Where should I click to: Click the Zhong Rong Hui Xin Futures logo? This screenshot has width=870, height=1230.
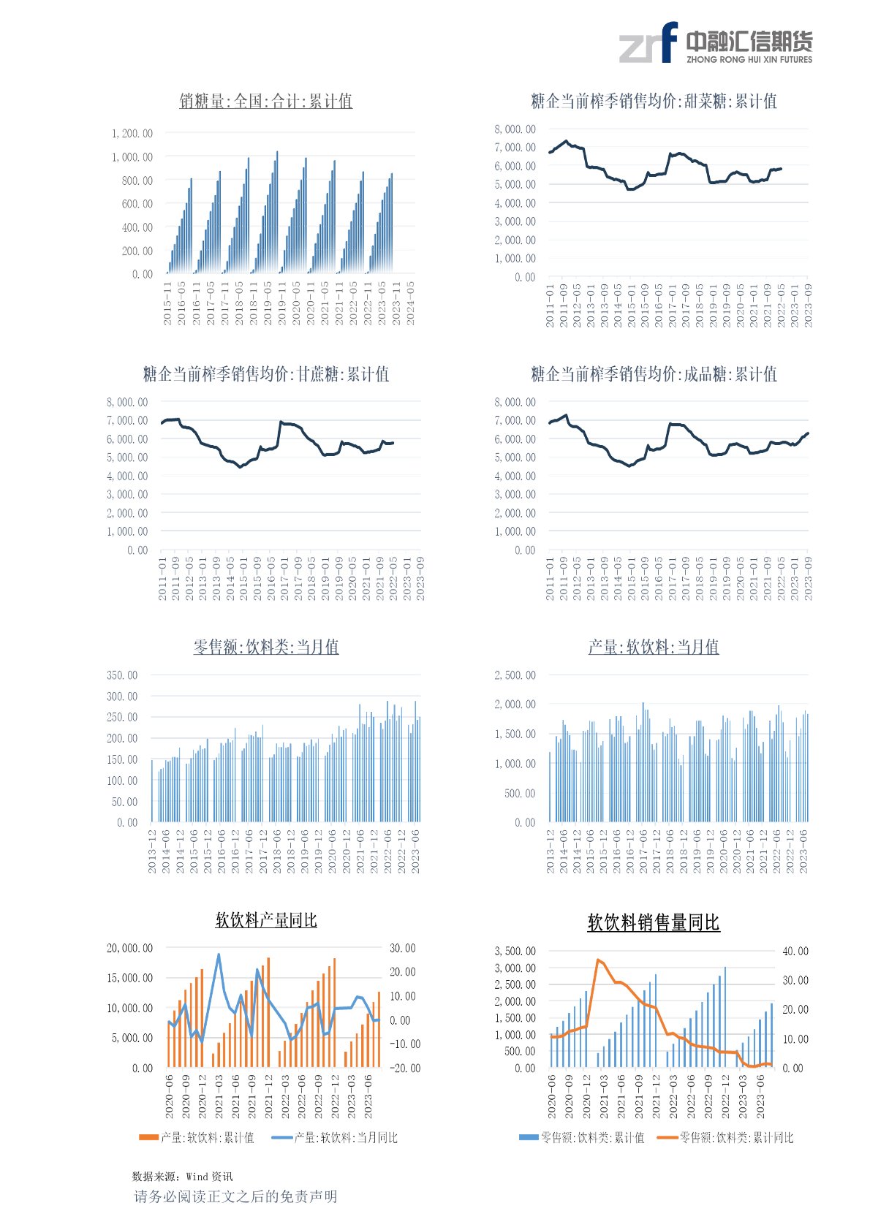tap(715, 43)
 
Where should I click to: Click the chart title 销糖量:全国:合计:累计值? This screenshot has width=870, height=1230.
tap(266, 102)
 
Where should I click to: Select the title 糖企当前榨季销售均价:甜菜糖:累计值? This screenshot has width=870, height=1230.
tap(654, 102)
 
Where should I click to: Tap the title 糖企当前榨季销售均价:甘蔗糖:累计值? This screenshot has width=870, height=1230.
tap(266, 375)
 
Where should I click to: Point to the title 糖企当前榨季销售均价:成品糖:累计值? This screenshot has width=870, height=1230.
tap(654, 375)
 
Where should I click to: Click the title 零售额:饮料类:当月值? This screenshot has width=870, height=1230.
tap(266, 648)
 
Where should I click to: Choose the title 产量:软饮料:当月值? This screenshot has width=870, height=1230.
tap(654, 648)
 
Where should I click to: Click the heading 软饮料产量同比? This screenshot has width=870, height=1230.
tap(266, 921)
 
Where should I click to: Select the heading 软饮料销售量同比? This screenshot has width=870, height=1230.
tap(654, 923)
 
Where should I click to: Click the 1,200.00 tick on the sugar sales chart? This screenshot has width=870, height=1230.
tap(132, 134)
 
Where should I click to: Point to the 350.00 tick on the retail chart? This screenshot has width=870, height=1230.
tap(122, 675)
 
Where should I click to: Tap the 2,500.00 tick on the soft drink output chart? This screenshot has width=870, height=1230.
tap(515, 675)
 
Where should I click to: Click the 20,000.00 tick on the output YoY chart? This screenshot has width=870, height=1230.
tap(130, 949)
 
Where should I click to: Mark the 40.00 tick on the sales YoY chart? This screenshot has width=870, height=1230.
tap(795, 952)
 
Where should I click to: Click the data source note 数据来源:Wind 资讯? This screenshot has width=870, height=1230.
tap(182, 1177)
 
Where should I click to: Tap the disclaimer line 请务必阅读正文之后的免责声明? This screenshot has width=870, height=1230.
tap(235, 1197)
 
